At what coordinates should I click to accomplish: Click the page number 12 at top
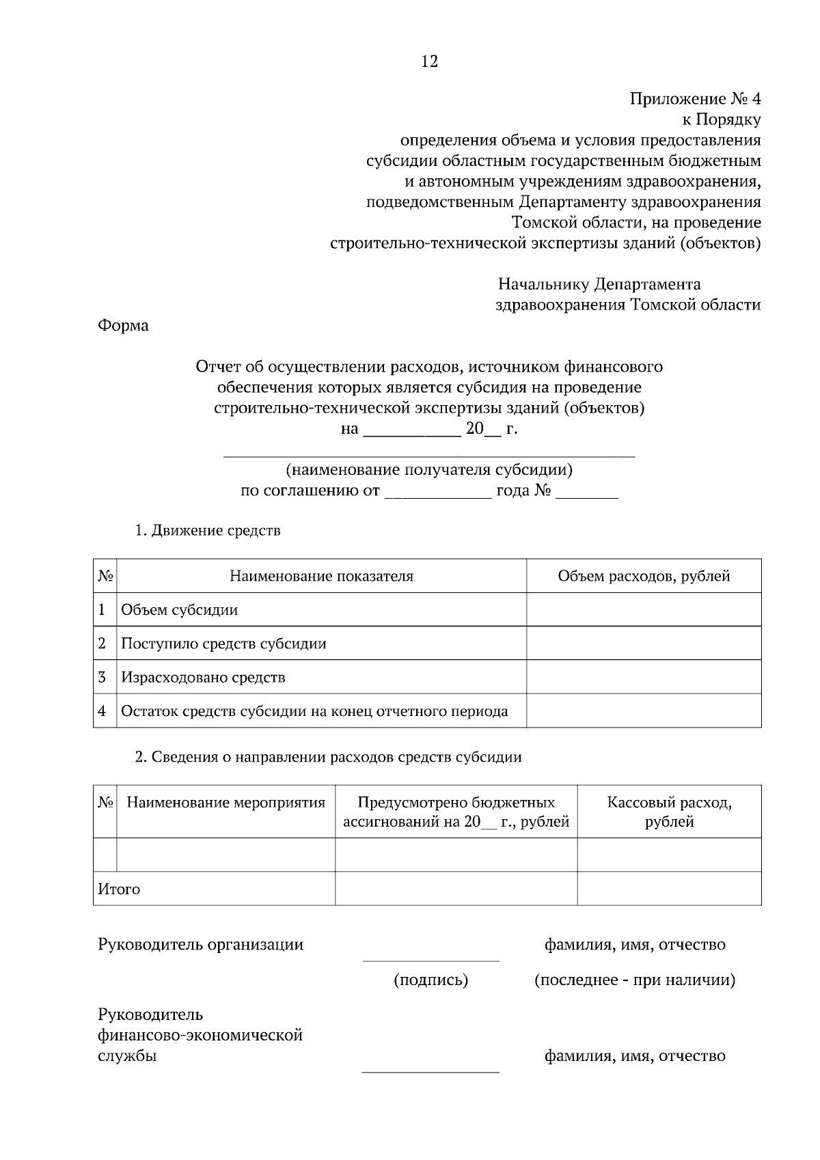[430, 61]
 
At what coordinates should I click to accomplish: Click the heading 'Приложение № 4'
[694, 99]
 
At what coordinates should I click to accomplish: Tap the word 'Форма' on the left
[123, 326]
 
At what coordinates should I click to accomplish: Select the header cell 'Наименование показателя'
[321, 576]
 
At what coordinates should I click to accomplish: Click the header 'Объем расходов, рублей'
[644, 576]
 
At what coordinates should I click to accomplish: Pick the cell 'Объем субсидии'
[180, 610]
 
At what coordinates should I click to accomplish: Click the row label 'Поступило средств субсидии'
[223, 644]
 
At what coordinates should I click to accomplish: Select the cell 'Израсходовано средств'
[203, 678]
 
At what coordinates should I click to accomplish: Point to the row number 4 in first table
[102, 711]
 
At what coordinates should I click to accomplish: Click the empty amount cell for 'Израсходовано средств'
[644, 677]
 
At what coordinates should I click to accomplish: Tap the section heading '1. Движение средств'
[208, 531]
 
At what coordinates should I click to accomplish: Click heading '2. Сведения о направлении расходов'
[328, 757]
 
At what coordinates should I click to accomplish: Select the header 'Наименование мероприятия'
[226, 803]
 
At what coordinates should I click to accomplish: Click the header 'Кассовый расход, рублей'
[669, 812]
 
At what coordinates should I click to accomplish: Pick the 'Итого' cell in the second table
[120, 889]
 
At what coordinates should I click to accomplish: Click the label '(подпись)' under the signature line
[430, 980]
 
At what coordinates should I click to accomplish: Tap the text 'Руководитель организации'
[201, 945]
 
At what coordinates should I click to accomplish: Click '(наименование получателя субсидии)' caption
[429, 470]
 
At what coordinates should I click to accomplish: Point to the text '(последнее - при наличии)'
[634, 980]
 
